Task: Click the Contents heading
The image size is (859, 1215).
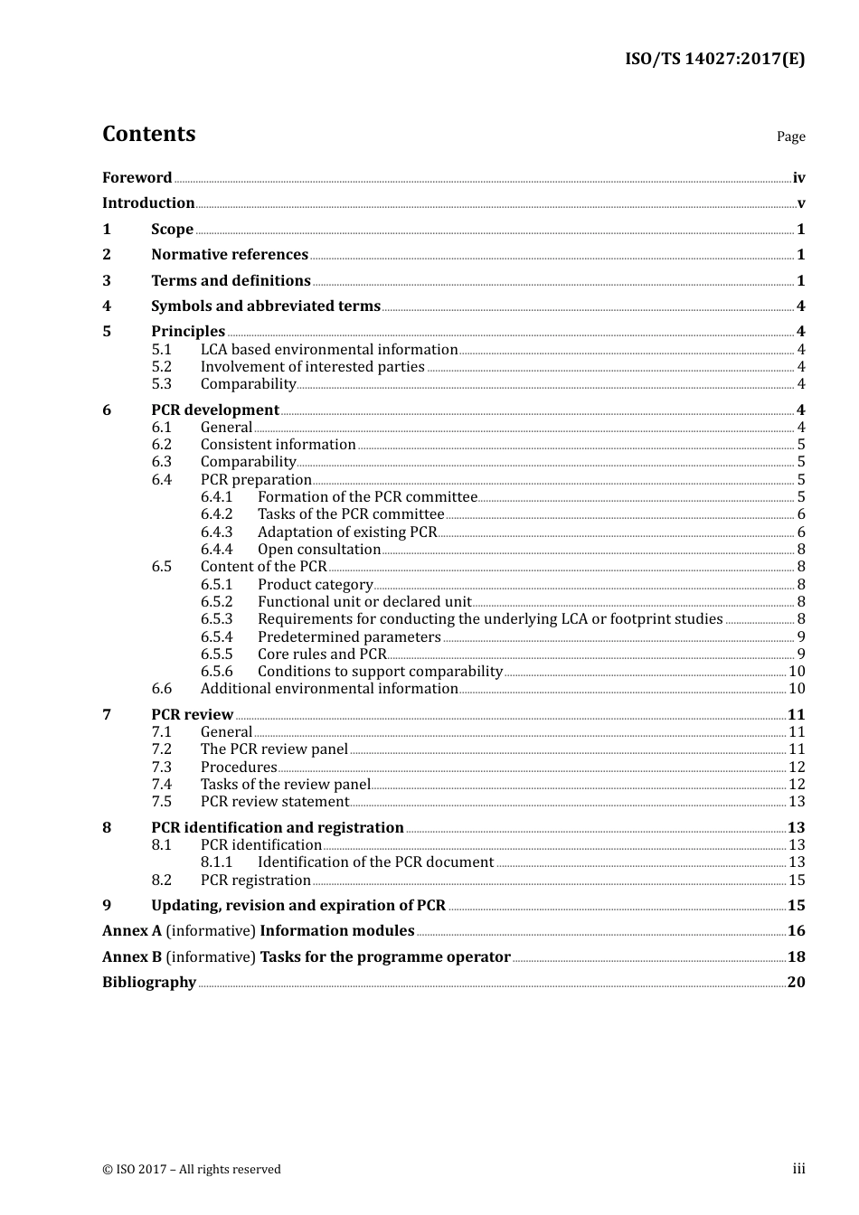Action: click(148, 134)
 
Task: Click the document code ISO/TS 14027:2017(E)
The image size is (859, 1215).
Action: click(714, 59)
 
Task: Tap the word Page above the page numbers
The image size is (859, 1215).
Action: click(790, 137)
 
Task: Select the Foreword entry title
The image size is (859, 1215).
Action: click(137, 177)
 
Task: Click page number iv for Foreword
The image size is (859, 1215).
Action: click(798, 178)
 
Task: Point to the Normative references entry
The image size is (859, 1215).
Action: click(230, 255)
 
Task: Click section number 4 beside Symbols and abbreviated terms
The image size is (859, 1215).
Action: click(107, 306)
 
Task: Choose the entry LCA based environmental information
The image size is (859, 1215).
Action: click(329, 350)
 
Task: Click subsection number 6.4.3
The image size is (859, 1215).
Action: click(216, 532)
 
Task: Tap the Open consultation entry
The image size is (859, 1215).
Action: click(319, 550)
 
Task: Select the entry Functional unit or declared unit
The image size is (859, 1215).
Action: click(364, 602)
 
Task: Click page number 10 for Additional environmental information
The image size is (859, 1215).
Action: click(797, 689)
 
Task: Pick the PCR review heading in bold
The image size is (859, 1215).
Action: click(192, 715)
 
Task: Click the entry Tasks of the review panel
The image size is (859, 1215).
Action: click(286, 785)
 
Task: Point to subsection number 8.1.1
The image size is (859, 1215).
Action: click(216, 862)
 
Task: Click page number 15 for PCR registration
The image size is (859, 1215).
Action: click(797, 881)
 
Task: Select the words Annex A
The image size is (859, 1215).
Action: click(125, 931)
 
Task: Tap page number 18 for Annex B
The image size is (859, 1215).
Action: click(797, 957)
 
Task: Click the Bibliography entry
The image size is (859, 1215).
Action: click(149, 983)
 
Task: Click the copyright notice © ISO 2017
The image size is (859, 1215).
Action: click(192, 1170)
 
